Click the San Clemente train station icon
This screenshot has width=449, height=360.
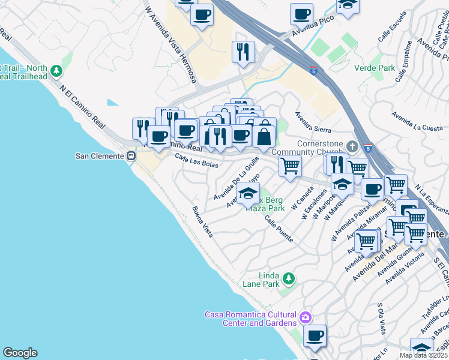131,156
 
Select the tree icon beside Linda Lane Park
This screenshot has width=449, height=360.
289,278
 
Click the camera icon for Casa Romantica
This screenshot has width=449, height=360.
306,317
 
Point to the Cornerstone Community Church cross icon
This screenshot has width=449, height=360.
353,146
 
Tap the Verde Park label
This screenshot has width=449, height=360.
375,68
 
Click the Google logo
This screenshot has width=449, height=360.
20,353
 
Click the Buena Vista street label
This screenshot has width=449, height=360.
202,221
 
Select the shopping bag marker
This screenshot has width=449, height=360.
264,136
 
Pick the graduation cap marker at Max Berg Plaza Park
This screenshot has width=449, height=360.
247,193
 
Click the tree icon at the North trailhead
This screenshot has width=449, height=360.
56,71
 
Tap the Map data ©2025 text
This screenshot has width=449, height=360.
423,355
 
